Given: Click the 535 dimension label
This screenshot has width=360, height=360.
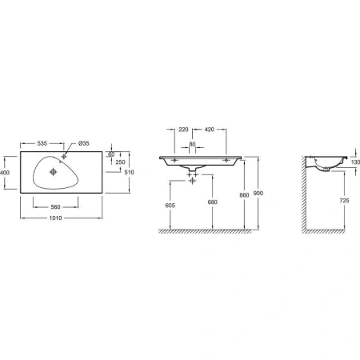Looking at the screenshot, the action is point(42,143).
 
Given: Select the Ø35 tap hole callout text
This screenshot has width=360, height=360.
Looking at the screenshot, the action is point(84,143).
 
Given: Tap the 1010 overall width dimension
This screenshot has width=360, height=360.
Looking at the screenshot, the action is point(55,218).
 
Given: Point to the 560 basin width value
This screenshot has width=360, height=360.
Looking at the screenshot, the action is point(55,207).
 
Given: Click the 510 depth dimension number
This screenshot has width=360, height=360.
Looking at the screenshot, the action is point(129,172).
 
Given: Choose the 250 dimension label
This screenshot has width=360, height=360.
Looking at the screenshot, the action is point(120,162).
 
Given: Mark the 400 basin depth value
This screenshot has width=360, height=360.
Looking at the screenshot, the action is point(5,173).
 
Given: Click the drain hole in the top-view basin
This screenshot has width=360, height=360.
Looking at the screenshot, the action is point(54,172).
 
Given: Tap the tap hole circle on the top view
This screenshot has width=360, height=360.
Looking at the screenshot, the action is point(64,156).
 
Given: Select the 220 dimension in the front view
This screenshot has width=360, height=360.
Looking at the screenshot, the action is point(183,130).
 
